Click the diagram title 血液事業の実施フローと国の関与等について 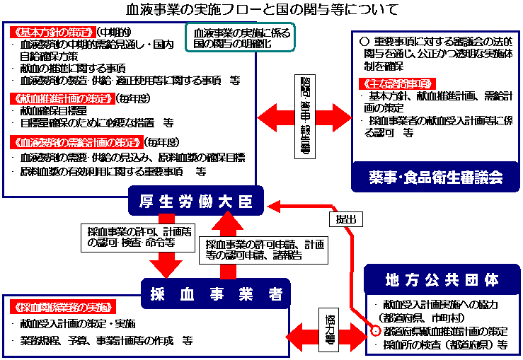[x=261, y=10]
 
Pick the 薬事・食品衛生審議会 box [x=435, y=178]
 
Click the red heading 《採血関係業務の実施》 [x=64, y=307]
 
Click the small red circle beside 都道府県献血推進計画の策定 [x=376, y=331]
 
